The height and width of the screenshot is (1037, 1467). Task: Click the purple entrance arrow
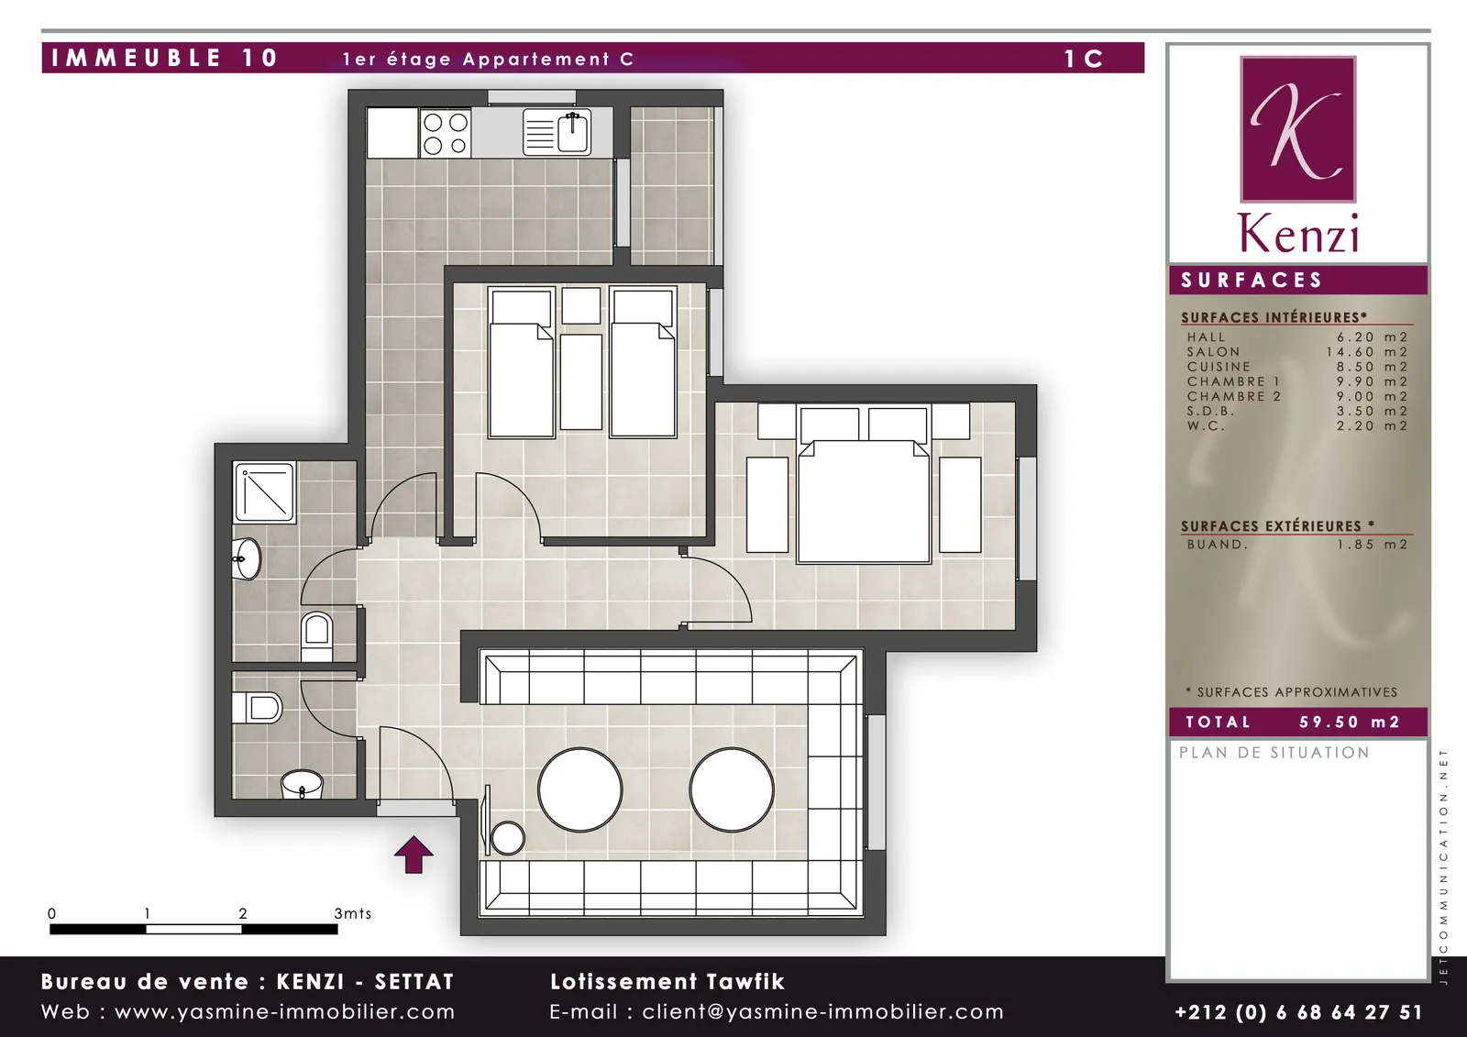point(414,855)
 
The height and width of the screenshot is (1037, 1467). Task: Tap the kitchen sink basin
point(572,133)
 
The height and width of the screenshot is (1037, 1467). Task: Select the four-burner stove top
point(446,133)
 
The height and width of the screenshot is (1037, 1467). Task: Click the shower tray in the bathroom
point(264,492)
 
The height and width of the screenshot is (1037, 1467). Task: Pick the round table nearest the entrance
point(579,789)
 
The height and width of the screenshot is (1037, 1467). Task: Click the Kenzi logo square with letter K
point(1297,129)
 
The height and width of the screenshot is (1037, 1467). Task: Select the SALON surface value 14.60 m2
point(1367,352)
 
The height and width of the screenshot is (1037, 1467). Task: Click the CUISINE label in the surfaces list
point(1219,367)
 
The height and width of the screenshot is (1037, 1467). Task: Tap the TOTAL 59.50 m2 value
point(1350,722)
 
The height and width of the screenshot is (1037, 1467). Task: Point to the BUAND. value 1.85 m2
point(1372,545)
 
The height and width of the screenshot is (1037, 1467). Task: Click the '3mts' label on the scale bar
point(352,913)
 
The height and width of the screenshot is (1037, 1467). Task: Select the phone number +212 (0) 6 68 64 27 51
point(1298,1012)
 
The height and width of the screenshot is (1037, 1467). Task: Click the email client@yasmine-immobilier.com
point(822,1012)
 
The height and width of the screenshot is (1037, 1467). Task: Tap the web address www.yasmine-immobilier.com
point(285,1012)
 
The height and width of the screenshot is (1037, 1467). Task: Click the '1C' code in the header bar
point(1084,59)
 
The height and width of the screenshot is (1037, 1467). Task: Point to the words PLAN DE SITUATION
point(1274,753)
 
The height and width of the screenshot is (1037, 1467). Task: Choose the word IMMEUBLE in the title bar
point(137,58)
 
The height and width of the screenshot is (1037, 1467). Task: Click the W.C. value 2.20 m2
point(1372,425)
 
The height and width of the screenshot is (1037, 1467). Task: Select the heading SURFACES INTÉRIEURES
point(1274,318)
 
